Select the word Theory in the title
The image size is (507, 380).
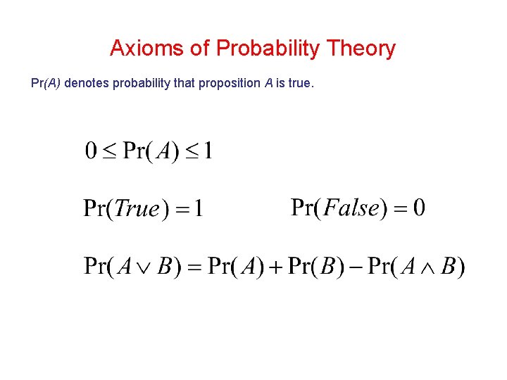tap(361, 49)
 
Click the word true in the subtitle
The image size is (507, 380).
tap(299, 83)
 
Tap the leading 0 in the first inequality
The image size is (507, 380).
tap(91, 151)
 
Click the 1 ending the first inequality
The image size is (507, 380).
tap(208, 151)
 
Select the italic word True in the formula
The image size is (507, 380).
tap(138, 209)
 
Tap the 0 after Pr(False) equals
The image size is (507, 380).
tap(419, 208)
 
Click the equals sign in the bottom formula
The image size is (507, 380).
tap(195, 267)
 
